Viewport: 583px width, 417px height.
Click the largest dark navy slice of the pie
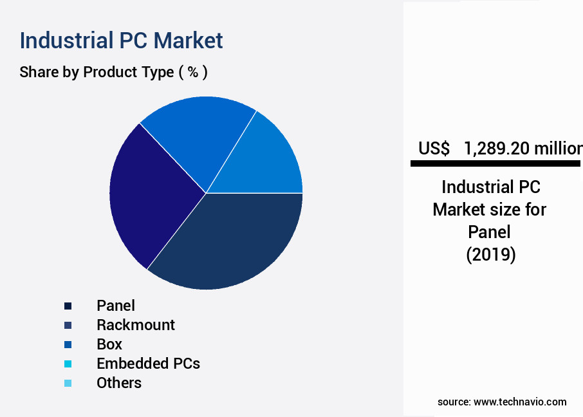click(232, 241)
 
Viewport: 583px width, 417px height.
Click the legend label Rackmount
click(135, 325)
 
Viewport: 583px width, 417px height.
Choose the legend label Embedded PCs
click(148, 364)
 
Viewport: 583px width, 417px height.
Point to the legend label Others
click(119, 383)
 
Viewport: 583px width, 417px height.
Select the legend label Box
click(109, 344)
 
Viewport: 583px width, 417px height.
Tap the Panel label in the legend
click(116, 306)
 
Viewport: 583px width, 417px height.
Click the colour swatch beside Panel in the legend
click(68, 306)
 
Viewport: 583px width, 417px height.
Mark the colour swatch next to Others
click(68, 383)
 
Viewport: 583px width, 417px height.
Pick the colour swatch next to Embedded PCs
click(68, 364)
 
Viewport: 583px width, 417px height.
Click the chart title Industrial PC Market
click(121, 40)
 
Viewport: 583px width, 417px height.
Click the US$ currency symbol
click(434, 149)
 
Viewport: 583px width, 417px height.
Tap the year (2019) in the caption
click(490, 255)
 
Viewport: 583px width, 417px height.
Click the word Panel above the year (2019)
click(490, 232)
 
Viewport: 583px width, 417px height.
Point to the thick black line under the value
click(495, 164)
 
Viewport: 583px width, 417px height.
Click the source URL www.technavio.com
click(520, 402)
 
